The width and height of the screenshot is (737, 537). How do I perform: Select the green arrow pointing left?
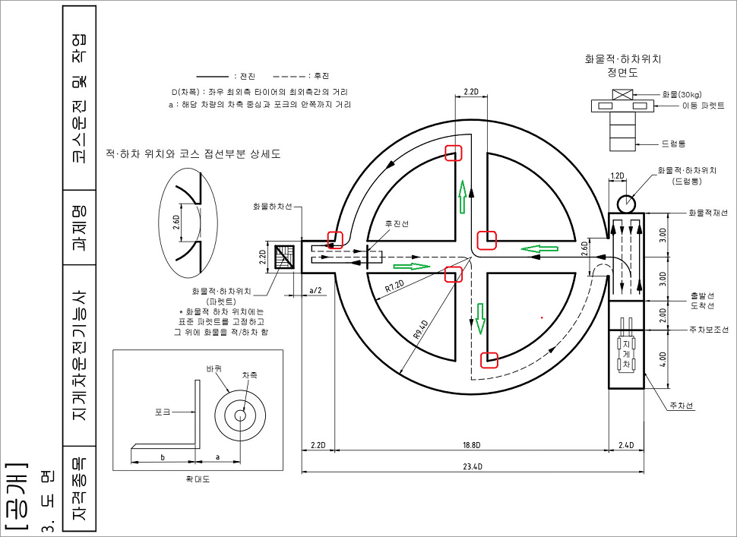coord(540,248)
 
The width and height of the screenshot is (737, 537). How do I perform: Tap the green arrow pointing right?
coord(411,267)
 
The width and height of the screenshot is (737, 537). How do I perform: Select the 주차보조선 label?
coord(707,330)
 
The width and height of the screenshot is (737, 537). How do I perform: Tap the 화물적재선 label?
coord(707,213)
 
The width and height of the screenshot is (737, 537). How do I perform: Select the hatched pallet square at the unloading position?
coord(286,257)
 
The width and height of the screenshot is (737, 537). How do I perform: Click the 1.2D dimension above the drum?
coord(618,175)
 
